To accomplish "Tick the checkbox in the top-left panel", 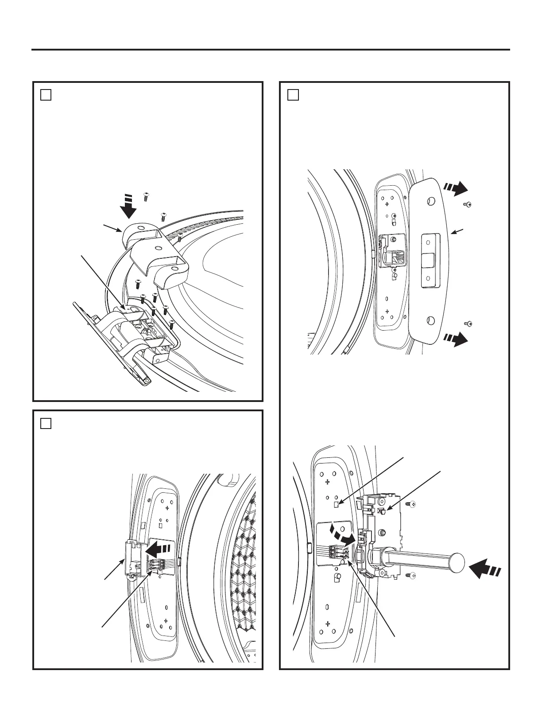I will [x=46, y=95].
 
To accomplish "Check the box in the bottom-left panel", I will [x=46, y=423].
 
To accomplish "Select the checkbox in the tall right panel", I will [x=293, y=95].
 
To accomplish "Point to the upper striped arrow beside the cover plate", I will [x=456, y=188].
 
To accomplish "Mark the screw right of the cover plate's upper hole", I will [x=467, y=204].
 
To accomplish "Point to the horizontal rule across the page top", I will [x=271, y=50].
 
